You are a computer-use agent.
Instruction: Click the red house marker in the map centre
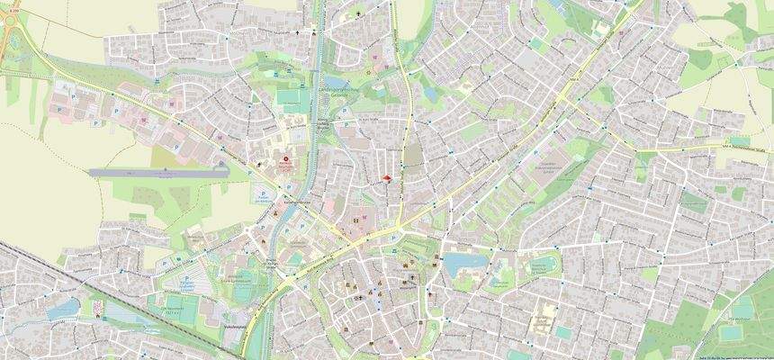(387, 178)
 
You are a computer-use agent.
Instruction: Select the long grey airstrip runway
(157, 169)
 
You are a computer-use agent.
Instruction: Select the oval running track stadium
(544, 265)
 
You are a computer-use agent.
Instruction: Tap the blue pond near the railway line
(63, 309)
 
